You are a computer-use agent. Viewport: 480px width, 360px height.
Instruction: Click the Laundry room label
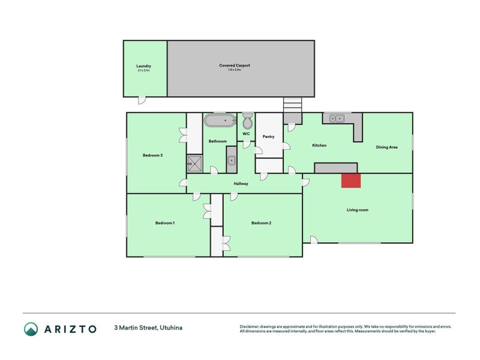pyautogui.click(x=143, y=66)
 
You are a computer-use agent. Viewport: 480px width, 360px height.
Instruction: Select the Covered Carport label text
pyautogui.click(x=234, y=65)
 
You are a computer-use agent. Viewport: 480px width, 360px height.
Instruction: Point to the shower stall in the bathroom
pyautogui.click(x=194, y=162)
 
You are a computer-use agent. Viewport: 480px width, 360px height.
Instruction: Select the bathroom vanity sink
pyautogui.click(x=232, y=160)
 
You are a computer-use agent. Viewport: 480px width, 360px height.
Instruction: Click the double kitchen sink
pyautogui.click(x=336, y=118)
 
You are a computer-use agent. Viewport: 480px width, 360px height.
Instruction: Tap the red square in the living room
pyautogui.click(x=351, y=181)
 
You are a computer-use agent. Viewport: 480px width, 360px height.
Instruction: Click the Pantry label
pyautogui.click(x=268, y=137)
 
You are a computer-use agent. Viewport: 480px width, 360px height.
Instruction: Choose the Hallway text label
pyautogui.click(x=241, y=184)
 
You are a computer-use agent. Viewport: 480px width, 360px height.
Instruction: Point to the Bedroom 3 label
pyautogui.click(x=152, y=155)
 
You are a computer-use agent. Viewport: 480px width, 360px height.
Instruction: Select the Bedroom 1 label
pyautogui.click(x=165, y=223)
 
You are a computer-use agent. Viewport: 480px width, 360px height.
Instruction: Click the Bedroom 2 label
pyautogui.click(x=261, y=223)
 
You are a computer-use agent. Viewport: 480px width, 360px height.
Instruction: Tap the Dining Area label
pyautogui.click(x=386, y=147)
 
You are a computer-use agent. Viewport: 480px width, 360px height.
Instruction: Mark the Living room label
pyautogui.click(x=357, y=210)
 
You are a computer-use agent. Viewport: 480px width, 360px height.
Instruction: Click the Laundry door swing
pyautogui.click(x=141, y=100)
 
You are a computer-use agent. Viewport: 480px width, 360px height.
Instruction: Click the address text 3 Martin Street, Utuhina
pyautogui.click(x=148, y=328)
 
